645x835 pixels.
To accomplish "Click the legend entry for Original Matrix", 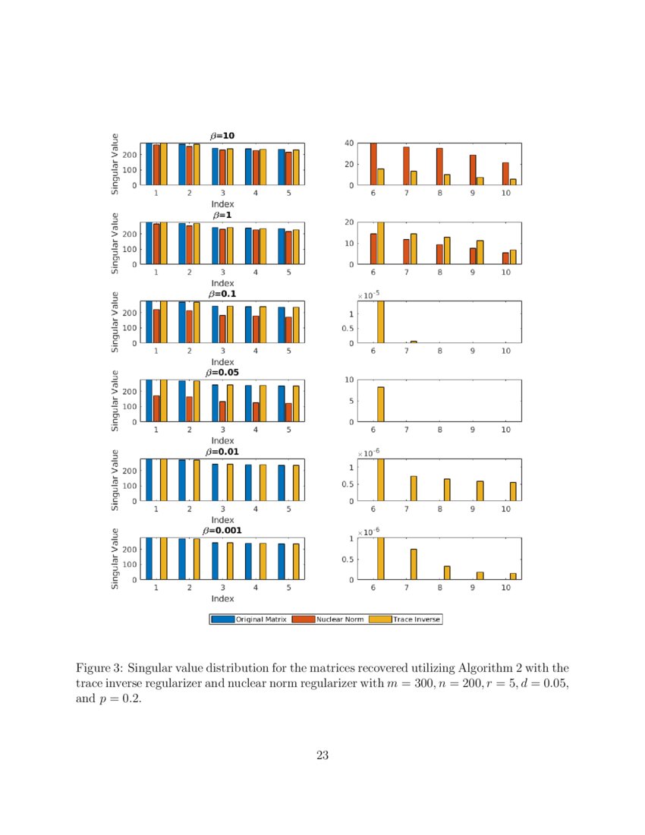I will (258, 619).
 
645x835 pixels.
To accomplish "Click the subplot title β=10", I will (222, 135).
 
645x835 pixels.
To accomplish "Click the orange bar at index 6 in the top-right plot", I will (373, 164).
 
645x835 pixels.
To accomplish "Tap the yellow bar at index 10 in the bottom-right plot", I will (513, 576).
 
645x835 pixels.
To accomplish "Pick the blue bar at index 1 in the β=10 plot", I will (149, 164).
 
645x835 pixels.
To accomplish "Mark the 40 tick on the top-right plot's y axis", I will (350, 143).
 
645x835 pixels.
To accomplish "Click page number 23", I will (322, 755).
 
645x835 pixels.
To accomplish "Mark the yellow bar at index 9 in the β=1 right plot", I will (480, 252).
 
